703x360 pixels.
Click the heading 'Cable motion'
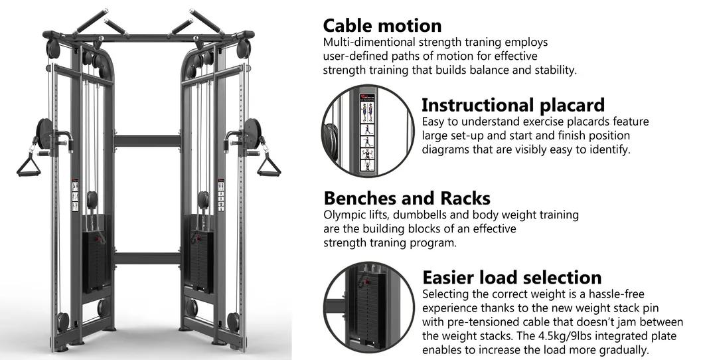click(x=382, y=25)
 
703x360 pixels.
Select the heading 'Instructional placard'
click(x=513, y=105)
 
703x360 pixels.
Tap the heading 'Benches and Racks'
click(x=407, y=198)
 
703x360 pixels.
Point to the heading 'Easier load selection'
click(x=512, y=277)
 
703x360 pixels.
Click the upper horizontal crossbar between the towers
click(x=147, y=141)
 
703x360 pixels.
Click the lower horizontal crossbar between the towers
click(x=147, y=258)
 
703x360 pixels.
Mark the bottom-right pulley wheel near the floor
click(x=233, y=321)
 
